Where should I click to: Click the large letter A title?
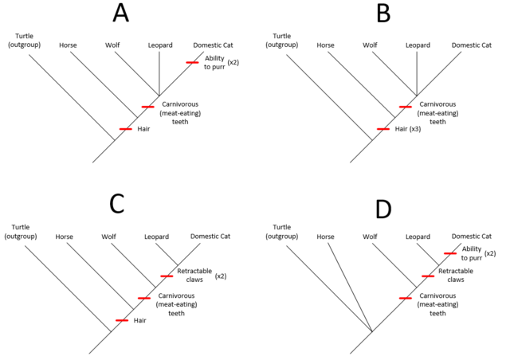pos(120,14)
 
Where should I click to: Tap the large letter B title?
pos(383,14)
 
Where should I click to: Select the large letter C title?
pos(117,204)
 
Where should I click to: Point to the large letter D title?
pos(383,209)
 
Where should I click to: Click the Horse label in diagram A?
pos(68,45)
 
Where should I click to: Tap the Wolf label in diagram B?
pos(370,45)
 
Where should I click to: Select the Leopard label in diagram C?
pos(156,237)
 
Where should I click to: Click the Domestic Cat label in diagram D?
pos(471,237)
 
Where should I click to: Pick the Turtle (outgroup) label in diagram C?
pos(21,232)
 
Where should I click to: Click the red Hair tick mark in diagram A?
pos(126,129)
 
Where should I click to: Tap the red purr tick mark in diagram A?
pos(192,62)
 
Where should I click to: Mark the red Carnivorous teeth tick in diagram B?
pos(406,107)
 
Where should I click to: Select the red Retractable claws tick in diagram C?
pos(167,276)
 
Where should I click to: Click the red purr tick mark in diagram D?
pos(450,253)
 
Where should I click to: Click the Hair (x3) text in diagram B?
pos(408,129)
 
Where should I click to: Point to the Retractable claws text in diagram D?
pos(456,275)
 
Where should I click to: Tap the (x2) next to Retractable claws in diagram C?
pos(221,276)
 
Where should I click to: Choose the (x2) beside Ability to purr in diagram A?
pos(233,62)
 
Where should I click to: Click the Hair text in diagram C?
pos(140,321)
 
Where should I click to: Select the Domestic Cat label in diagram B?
pos(471,45)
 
